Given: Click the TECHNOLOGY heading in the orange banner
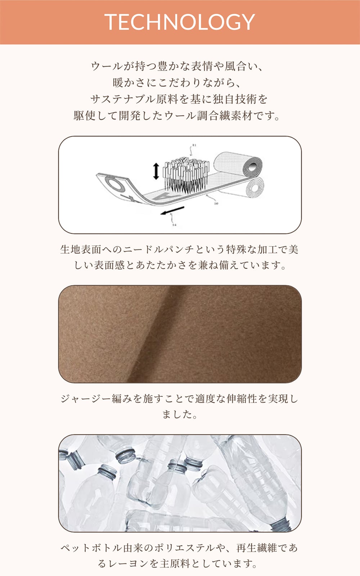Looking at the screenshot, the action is [180, 22].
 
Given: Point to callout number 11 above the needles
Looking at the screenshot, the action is [194, 145].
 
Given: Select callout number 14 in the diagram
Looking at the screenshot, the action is [174, 225].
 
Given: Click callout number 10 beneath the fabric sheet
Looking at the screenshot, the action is [216, 203].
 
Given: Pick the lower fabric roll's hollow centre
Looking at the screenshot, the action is [255, 188].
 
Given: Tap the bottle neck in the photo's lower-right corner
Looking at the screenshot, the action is [282, 524].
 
